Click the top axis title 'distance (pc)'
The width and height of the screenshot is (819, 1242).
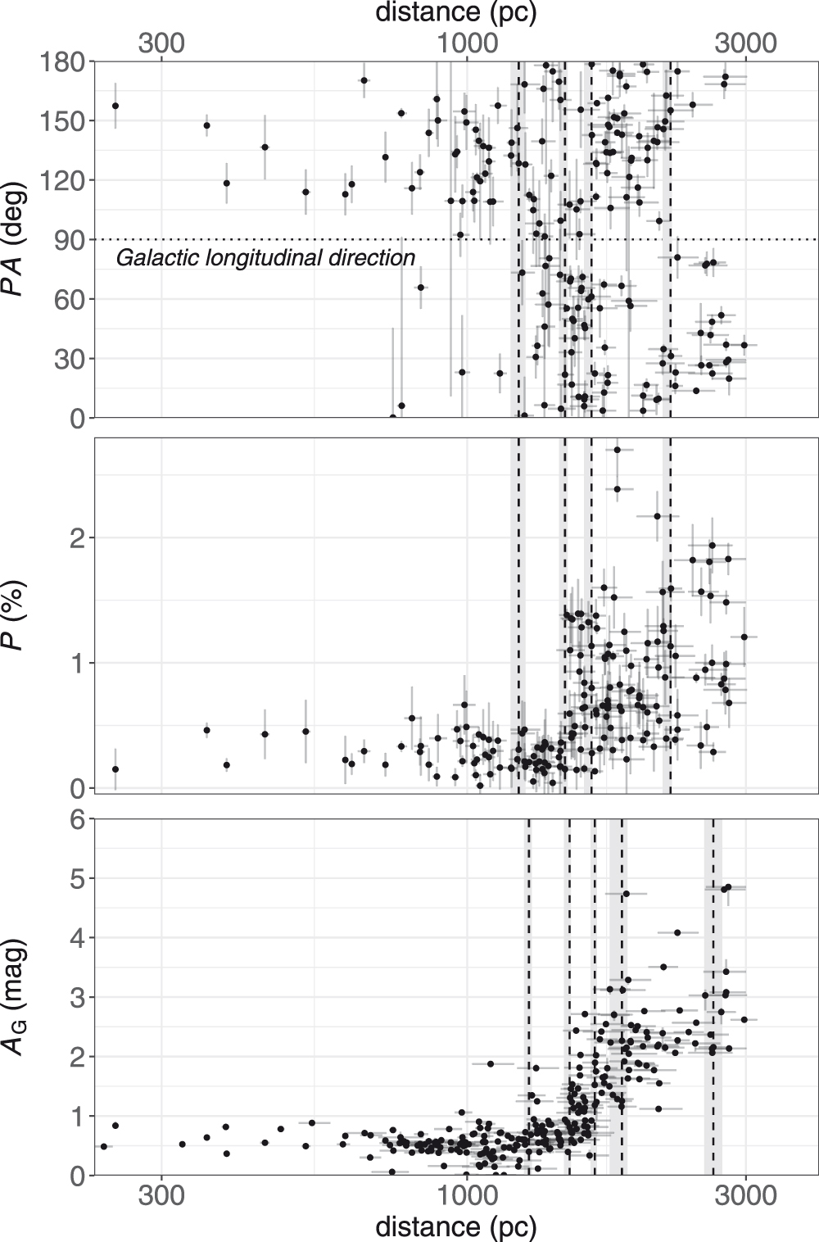[x=456, y=13]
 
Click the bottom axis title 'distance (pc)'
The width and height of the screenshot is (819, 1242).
[x=456, y=1226]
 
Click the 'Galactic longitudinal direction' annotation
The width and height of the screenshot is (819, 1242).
[x=265, y=258]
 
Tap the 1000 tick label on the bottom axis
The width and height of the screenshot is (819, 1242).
[x=466, y=1196]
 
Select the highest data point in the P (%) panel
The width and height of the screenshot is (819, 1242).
[x=618, y=449]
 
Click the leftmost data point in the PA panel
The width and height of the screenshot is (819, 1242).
[x=115, y=106]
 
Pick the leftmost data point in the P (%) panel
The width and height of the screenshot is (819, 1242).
[x=115, y=769]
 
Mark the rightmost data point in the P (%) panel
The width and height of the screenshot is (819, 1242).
[x=744, y=636]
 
